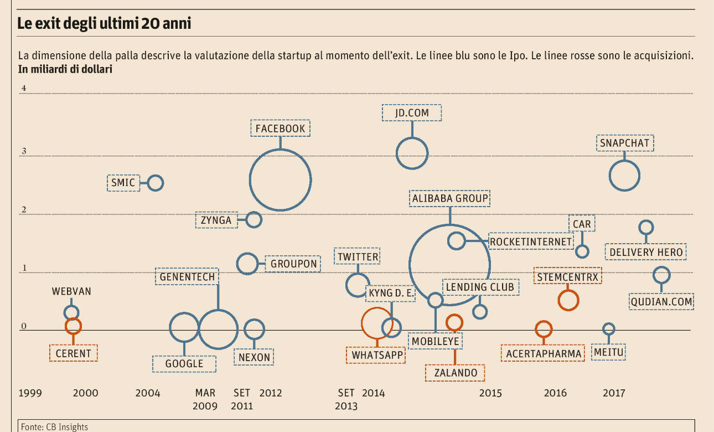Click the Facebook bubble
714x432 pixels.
[280, 179]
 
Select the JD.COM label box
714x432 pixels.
[412, 113]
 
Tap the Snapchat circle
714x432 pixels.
[624, 176]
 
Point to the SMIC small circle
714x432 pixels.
[156, 182]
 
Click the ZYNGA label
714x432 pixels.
[216, 220]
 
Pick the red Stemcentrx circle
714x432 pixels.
[568, 300]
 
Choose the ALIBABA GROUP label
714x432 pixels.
[450, 198]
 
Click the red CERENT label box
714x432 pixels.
[73, 353]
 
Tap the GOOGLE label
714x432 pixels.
[184, 364]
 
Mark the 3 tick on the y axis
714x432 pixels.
[24, 151]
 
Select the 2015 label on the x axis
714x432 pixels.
[490, 393]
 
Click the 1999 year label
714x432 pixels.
[30, 393]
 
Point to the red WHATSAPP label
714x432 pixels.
[376, 354]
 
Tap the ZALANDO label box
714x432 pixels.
[456, 373]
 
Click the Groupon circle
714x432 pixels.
[247, 264]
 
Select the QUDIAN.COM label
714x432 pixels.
[661, 302]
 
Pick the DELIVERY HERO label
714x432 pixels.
[646, 253]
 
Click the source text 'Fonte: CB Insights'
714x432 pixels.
[54, 427]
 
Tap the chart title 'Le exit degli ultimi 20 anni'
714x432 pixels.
[105, 24]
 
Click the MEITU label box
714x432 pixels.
[608, 352]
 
